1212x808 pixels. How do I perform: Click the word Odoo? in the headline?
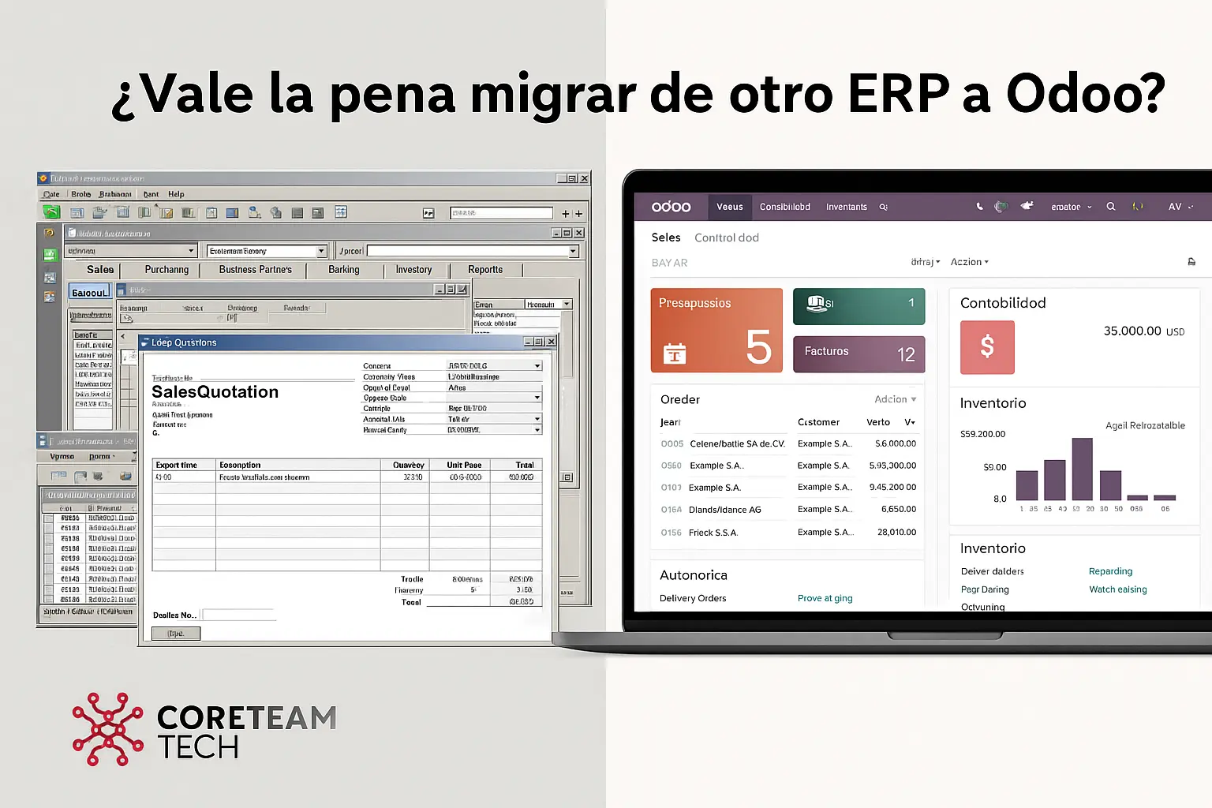(1085, 94)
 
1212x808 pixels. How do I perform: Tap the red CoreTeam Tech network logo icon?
(107, 729)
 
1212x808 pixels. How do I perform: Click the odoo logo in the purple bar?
(671, 207)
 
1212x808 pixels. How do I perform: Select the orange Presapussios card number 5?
(758, 347)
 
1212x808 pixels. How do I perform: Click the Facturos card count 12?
(906, 355)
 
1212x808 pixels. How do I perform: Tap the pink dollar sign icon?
(987, 347)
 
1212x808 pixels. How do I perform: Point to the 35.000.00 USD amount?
(1143, 331)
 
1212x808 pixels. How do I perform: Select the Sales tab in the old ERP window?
(100, 270)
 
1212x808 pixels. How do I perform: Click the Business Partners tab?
(255, 270)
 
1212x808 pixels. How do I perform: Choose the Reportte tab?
(485, 270)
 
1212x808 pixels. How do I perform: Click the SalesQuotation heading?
(215, 392)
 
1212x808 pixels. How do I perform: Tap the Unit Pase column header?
(464, 466)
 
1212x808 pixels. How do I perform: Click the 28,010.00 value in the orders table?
(896, 533)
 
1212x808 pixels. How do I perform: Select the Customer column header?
(818, 422)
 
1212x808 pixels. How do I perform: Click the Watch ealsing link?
(1117, 589)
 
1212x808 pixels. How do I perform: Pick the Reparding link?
(1110, 571)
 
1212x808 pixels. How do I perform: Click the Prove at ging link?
(825, 598)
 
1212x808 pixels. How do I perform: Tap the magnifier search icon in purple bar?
(1110, 207)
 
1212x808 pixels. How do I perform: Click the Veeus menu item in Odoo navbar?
(729, 207)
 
